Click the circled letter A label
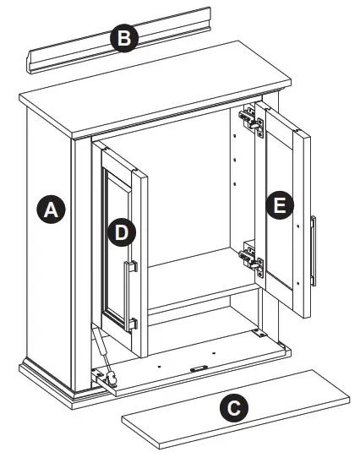52,210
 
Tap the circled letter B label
125,38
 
